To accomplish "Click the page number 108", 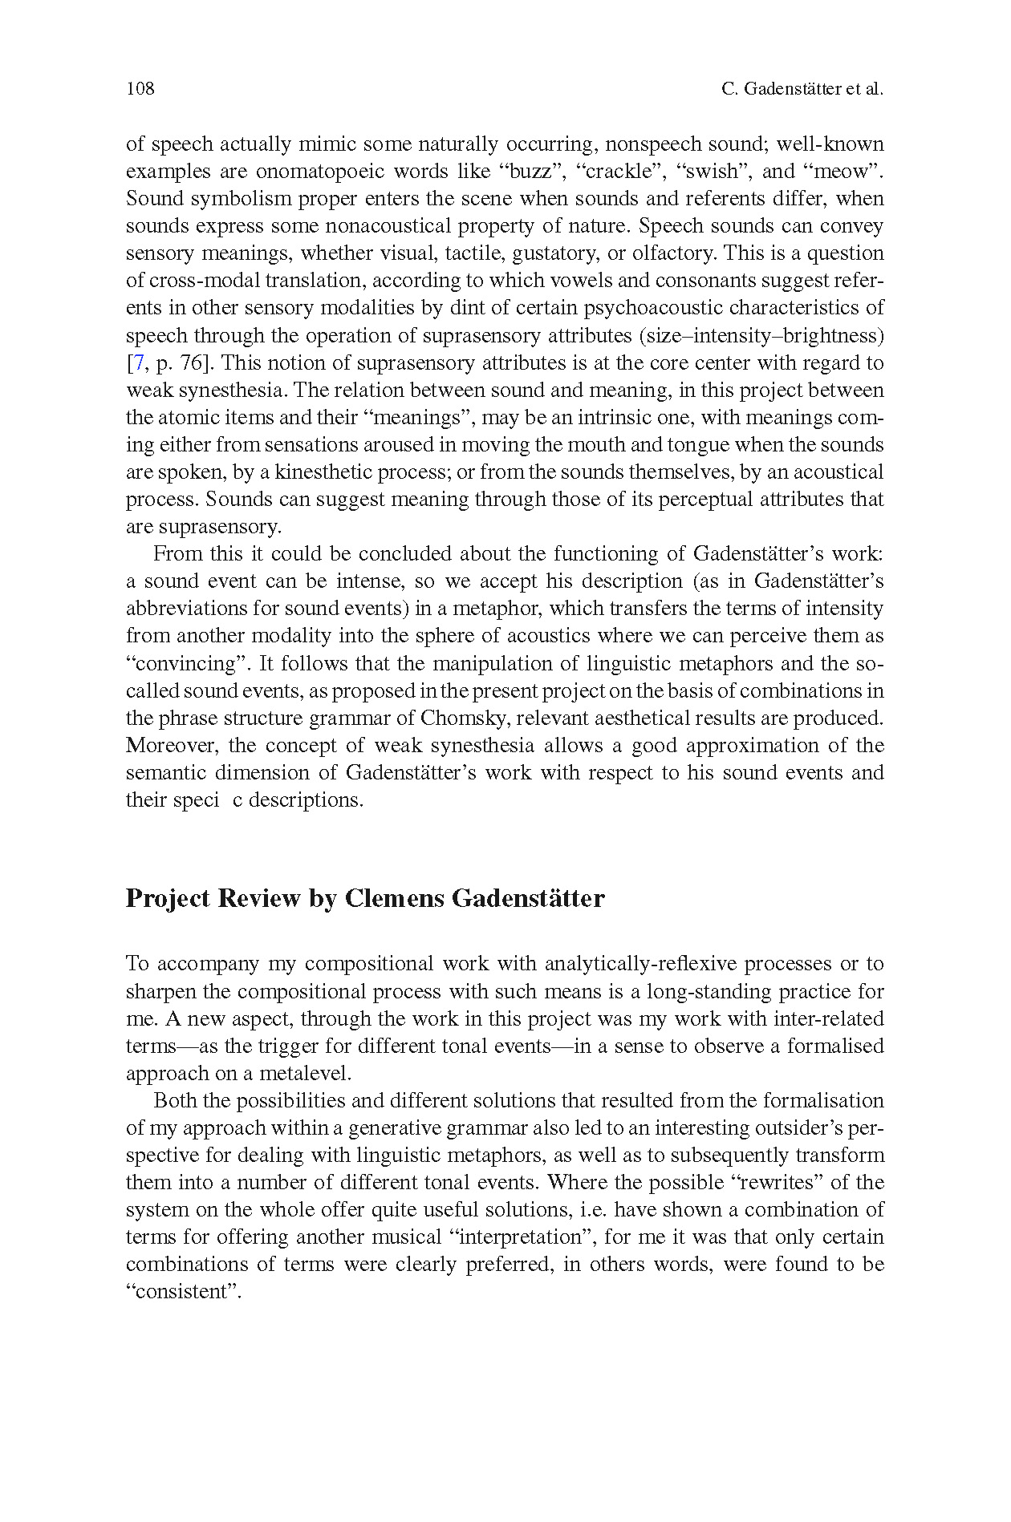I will point(140,89).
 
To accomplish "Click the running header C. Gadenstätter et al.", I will point(802,89).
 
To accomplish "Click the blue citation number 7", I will point(138,363).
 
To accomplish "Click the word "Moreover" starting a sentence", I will point(171,746).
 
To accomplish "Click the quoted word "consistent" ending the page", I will point(184,1292).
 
